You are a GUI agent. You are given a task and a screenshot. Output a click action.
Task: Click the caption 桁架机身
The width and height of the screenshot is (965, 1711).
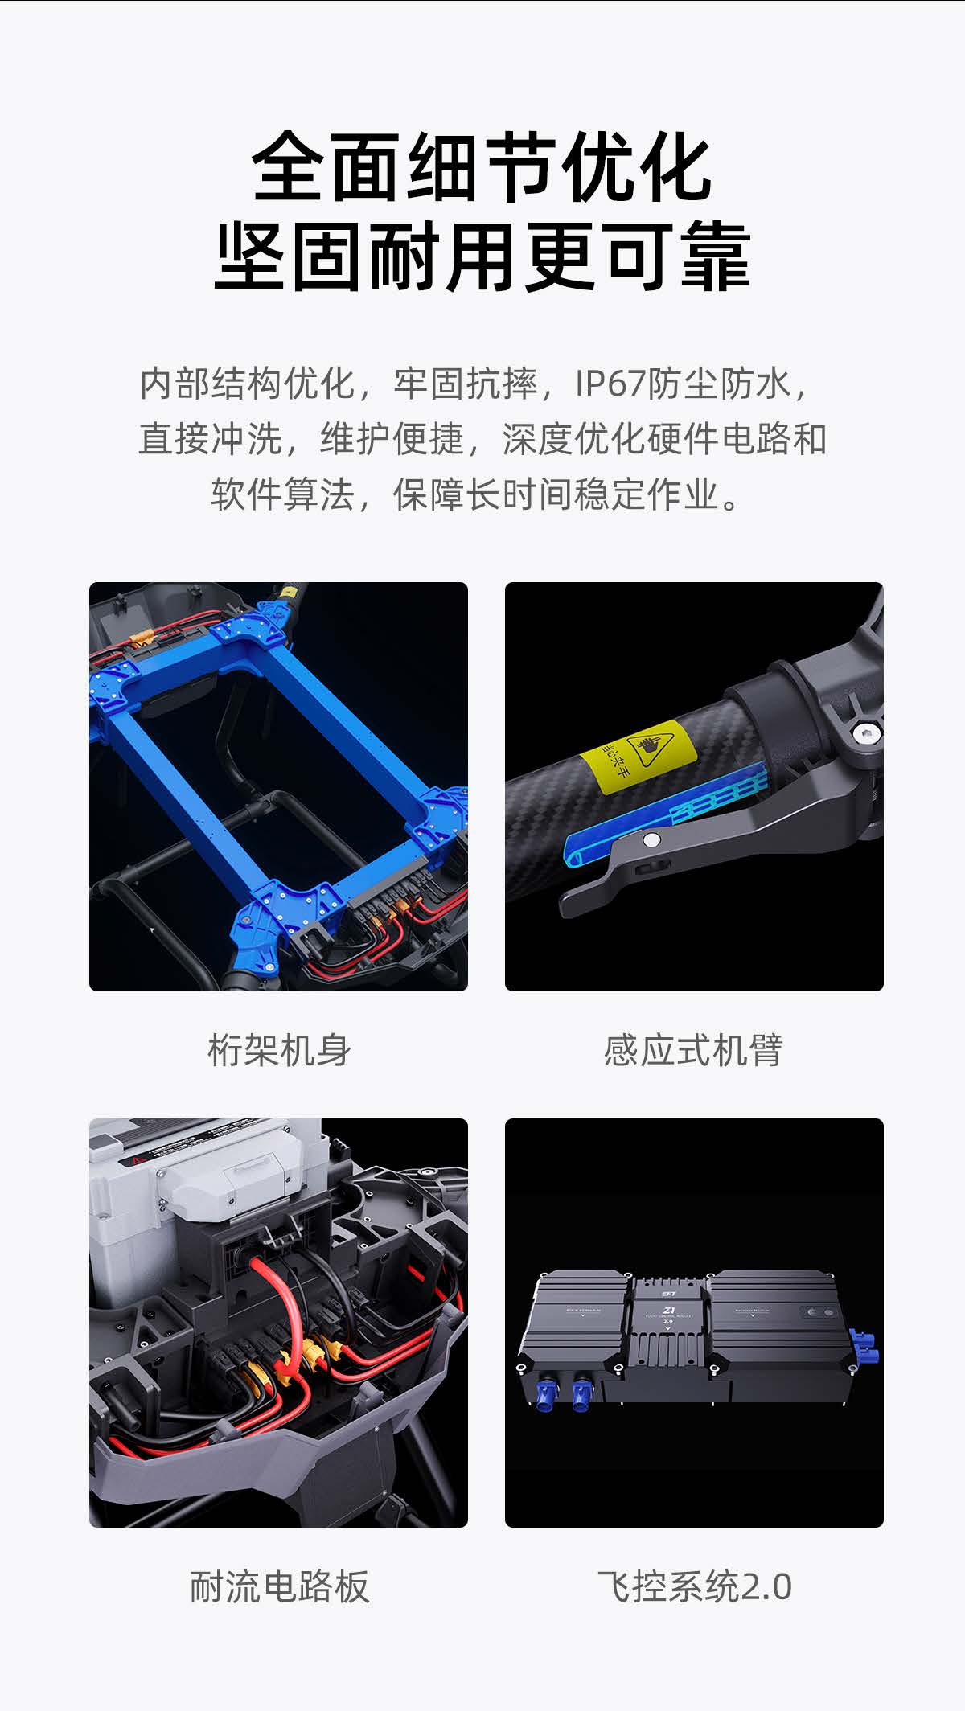click(279, 1050)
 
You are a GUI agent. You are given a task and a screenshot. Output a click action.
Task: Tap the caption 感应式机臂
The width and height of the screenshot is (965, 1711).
click(693, 1050)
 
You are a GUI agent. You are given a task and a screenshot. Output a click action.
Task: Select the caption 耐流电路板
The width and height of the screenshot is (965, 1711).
click(279, 1586)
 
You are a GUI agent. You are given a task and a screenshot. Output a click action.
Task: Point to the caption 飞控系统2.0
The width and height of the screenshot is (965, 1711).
click(694, 1586)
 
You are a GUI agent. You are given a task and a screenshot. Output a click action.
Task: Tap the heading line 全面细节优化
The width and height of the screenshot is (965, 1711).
click(482, 168)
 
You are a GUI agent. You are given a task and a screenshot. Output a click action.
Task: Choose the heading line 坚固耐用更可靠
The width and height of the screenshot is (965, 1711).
click(482, 257)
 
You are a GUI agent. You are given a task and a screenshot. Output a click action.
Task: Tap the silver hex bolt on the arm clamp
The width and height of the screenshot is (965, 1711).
click(864, 731)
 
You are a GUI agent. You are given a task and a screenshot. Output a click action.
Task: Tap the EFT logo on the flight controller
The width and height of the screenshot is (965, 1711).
click(667, 1295)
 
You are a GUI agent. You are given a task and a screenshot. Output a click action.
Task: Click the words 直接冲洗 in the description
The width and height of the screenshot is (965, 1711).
click(210, 439)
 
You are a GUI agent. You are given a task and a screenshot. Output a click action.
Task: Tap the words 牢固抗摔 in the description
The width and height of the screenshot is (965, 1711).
click(466, 384)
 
